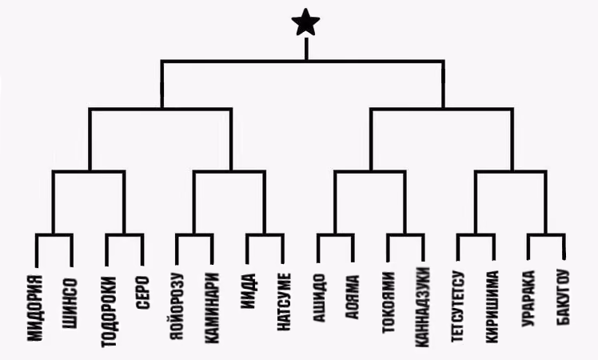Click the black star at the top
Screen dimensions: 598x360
point(305,22)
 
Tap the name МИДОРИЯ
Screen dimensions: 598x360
point(35,308)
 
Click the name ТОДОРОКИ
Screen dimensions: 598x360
point(109,312)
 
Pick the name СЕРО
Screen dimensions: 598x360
point(142,293)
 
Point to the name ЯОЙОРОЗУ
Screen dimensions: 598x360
point(176,306)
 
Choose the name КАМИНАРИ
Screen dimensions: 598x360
point(212,308)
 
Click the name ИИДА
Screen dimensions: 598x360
point(248,291)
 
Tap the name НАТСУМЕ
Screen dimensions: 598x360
point(283,302)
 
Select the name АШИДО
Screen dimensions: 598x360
point(319,298)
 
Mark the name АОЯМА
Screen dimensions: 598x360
point(353,297)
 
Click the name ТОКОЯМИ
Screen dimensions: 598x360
point(389,302)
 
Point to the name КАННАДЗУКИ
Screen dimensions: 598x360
point(422,307)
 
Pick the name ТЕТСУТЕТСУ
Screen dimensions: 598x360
point(457,306)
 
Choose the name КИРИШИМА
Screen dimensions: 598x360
point(492,307)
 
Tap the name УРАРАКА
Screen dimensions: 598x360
point(528,298)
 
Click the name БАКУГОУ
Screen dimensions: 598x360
point(564,298)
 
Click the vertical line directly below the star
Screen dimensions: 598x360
point(306,49)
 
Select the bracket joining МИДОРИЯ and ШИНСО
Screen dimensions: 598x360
point(54,235)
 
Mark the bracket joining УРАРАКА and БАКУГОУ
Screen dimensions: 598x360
point(546,235)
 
